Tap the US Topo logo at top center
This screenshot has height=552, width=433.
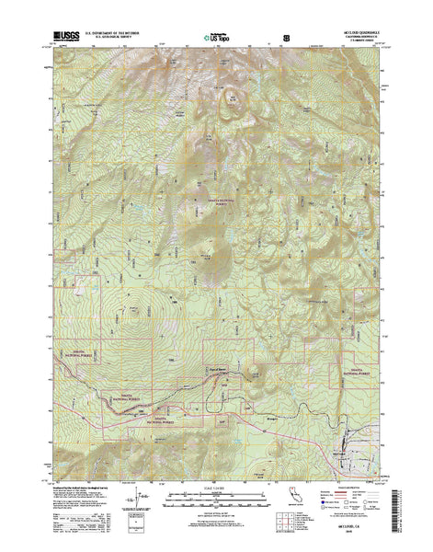click(214, 39)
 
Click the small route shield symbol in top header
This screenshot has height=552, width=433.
click(285, 39)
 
